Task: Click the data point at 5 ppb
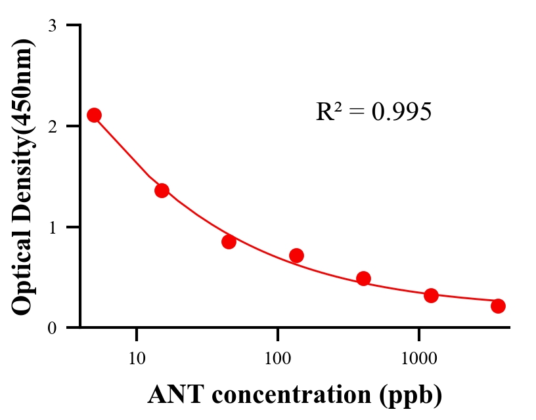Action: [x=94, y=115]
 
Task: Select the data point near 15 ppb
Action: [x=162, y=190]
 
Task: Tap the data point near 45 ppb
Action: [x=229, y=241]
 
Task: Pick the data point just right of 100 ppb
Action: [x=296, y=255]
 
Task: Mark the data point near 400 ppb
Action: [x=363, y=278]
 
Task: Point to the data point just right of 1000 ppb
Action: [x=431, y=295]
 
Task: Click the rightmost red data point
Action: [x=498, y=306]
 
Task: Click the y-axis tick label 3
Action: [x=52, y=26]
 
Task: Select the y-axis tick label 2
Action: [x=52, y=126]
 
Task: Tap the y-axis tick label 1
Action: [x=52, y=227]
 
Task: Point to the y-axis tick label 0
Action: [x=52, y=327]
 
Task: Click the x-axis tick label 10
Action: [x=137, y=359]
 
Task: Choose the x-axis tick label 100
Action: [x=277, y=359]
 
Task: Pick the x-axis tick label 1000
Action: [x=418, y=359]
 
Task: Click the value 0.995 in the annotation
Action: [x=401, y=112]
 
